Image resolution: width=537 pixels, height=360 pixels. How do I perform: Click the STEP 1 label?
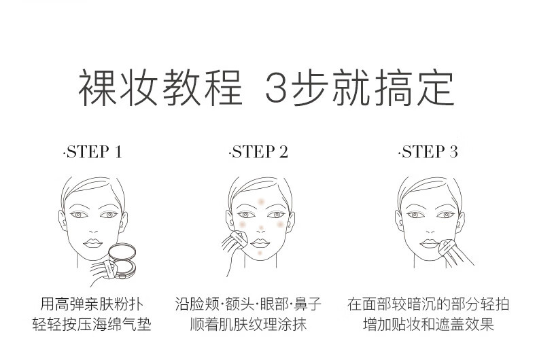(92, 151)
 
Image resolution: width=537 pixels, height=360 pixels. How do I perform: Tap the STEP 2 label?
(260, 151)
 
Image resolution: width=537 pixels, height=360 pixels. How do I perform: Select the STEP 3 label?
(428, 151)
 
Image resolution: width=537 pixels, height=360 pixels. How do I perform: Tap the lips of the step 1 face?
(92, 242)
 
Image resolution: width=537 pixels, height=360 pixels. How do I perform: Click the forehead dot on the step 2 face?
(261, 202)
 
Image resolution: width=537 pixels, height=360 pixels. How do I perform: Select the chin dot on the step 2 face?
(259, 253)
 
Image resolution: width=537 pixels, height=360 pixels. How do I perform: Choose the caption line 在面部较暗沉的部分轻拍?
(428, 304)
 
